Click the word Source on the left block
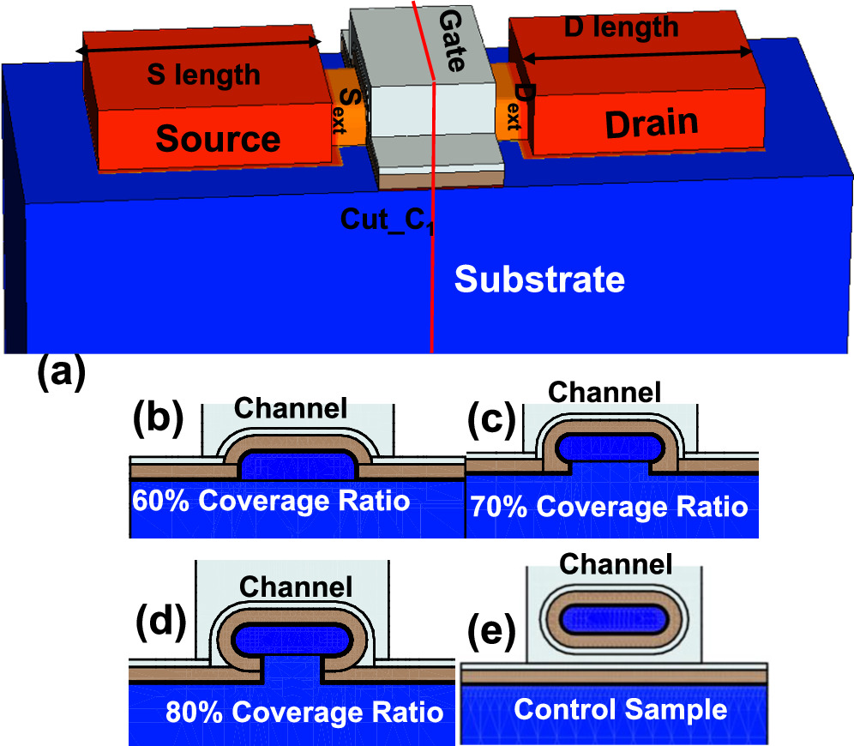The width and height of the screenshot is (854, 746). (219, 138)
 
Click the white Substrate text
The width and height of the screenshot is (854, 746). (539, 279)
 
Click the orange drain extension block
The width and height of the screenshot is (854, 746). (512, 107)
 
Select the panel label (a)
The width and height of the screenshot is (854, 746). (61, 375)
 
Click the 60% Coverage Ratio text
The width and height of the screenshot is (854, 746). (270, 500)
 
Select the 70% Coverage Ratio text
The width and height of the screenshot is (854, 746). (609, 508)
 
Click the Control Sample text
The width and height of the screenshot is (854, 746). (620, 709)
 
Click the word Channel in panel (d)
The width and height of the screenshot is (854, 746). (296, 587)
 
